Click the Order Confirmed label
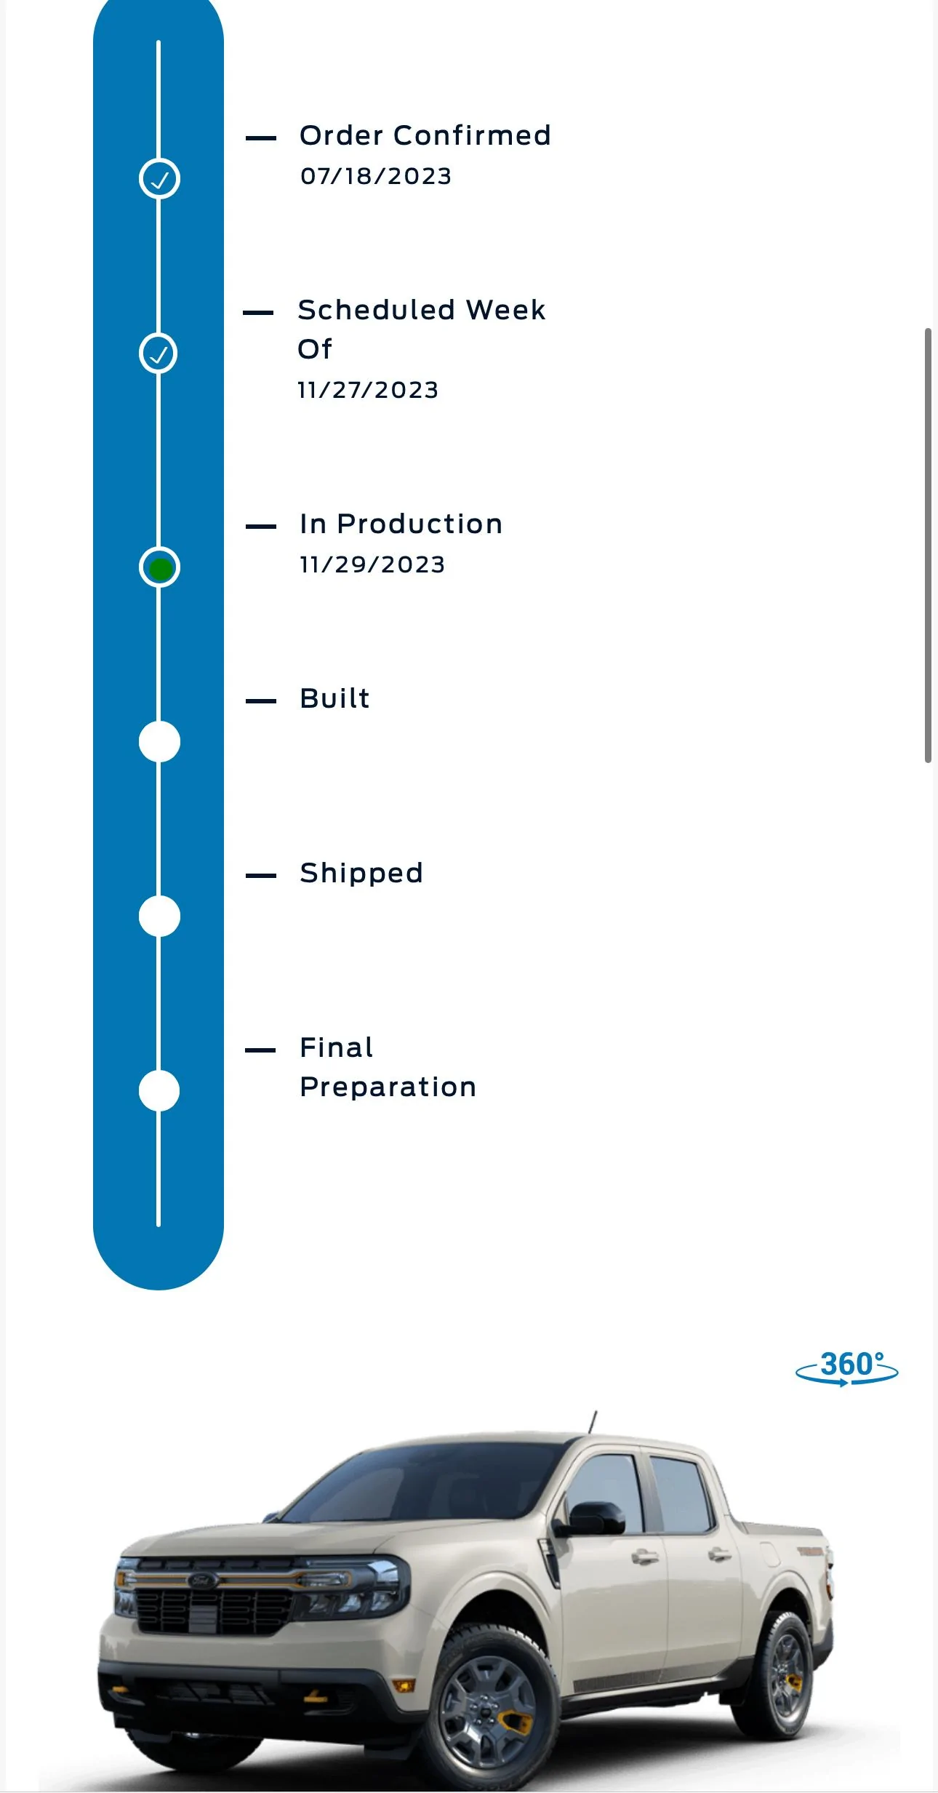tap(425, 135)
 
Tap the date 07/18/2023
tap(376, 176)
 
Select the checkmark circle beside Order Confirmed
tap(159, 178)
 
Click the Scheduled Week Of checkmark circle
tap(159, 354)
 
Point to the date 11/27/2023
tap(368, 390)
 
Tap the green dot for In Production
tap(160, 568)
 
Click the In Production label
tap(401, 524)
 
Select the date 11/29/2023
tap(372, 564)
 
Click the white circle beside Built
tap(159, 742)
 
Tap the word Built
tap(334, 698)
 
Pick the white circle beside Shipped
tap(159, 917)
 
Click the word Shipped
tap(361, 873)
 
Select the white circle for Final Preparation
tap(159, 1091)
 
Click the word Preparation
tap(388, 1087)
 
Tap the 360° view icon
tap(847, 1367)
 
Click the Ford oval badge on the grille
tap(203, 1580)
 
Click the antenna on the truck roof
tap(593, 1422)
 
